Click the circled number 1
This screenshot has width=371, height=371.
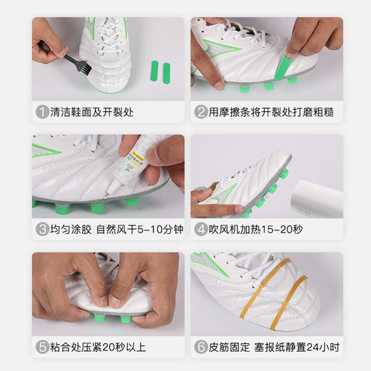(42, 113)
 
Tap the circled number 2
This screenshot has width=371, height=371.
(201, 113)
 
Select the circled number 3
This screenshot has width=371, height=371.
(42, 230)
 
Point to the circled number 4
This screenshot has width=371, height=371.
(201, 230)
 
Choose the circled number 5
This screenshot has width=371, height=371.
(42, 348)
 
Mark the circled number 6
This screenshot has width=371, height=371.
(201, 348)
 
